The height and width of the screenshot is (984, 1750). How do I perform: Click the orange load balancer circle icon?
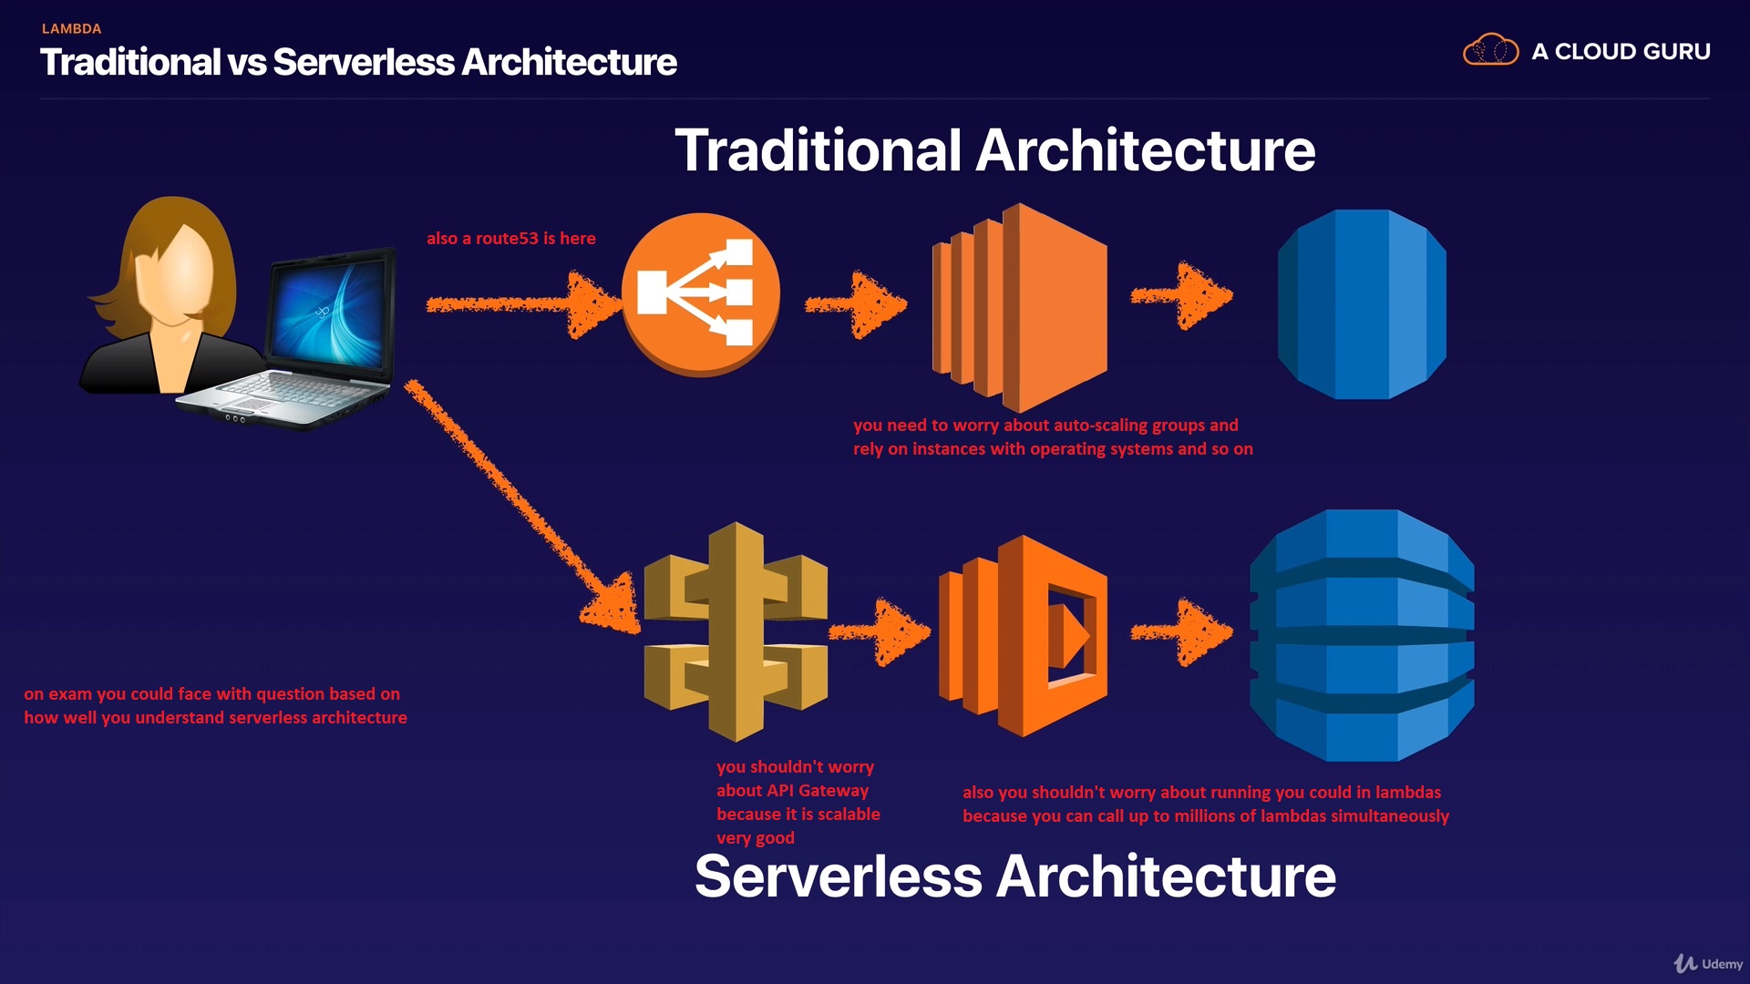pos(700,293)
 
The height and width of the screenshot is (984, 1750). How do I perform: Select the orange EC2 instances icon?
pos(1020,307)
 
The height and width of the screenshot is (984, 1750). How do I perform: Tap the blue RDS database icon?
pos(1362,304)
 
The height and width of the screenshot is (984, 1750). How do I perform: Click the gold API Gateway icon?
pos(736,631)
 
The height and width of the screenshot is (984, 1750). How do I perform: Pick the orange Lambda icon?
pos(1024,635)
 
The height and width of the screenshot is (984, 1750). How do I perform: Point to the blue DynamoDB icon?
pos(1362,635)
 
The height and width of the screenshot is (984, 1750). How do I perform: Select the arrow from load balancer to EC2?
pos(857,305)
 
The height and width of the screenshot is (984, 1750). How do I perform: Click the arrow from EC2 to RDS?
pos(1182,295)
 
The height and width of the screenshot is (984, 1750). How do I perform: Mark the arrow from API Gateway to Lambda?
pos(880,630)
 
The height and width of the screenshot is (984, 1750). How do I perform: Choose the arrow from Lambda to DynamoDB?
pos(1182,630)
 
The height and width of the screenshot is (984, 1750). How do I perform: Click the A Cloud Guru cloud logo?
pos(1490,50)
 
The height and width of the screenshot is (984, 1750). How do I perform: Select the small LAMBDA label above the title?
pos(71,28)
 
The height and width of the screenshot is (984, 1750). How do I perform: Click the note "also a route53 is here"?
pos(510,239)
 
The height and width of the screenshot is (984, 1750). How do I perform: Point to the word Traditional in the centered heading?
pos(818,150)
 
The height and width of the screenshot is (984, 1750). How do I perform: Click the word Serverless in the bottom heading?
pos(838,876)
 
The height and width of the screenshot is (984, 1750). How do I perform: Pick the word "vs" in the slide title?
pos(246,62)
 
